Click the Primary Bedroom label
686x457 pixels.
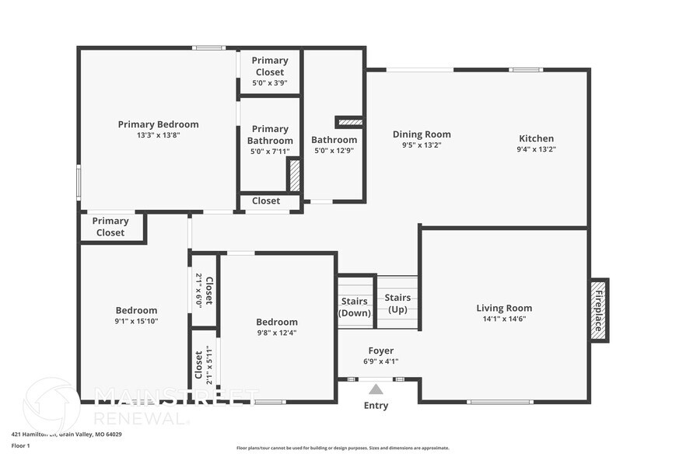pyautogui.click(x=158, y=124)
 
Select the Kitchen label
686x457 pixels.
pyautogui.click(x=536, y=138)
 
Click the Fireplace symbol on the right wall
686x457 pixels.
pyautogui.click(x=599, y=310)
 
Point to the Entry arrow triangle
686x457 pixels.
pyautogui.click(x=376, y=389)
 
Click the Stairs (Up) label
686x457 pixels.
pyautogui.click(x=397, y=304)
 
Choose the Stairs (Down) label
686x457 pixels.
pyautogui.click(x=355, y=307)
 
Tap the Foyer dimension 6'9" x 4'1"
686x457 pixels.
pyautogui.click(x=380, y=361)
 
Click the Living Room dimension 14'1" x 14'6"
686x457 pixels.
pyautogui.click(x=504, y=318)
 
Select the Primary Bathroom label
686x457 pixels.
pyautogui.click(x=270, y=135)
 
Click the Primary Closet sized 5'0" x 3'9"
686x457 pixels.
pyautogui.click(x=270, y=72)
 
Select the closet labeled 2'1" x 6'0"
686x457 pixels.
pyautogui.click(x=204, y=290)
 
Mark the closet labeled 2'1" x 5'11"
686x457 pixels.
pyautogui.click(x=204, y=365)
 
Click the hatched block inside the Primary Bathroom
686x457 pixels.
pyautogui.click(x=294, y=175)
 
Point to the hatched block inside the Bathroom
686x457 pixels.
pyautogui.click(x=348, y=122)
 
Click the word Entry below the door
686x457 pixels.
pyautogui.click(x=376, y=406)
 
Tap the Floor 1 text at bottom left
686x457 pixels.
pyautogui.click(x=20, y=445)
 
